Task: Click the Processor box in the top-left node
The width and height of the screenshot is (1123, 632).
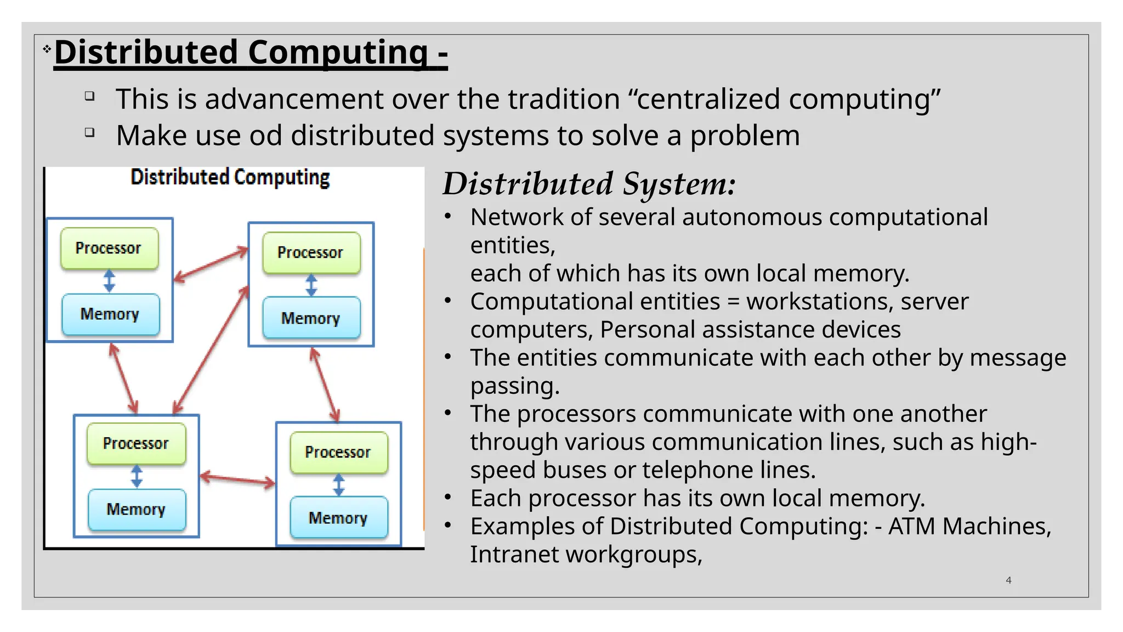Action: (109, 248)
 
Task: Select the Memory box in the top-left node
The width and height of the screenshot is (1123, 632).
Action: (110, 314)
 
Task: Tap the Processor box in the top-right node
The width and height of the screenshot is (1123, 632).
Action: (311, 252)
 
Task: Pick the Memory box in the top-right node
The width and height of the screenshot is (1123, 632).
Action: (311, 318)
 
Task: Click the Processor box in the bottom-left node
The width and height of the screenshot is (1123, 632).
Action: (136, 443)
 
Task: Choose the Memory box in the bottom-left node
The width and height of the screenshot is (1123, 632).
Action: (137, 509)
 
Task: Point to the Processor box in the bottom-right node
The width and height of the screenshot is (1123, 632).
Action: (338, 452)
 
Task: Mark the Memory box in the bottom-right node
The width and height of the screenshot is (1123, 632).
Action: (338, 518)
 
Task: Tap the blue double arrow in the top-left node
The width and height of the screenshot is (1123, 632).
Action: (110, 281)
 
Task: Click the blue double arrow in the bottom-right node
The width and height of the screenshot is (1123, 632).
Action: (339, 486)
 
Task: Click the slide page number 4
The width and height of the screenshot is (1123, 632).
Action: (1008, 580)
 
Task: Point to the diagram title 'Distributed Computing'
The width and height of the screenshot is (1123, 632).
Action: (230, 178)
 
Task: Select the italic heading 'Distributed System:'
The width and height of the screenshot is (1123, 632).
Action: (589, 184)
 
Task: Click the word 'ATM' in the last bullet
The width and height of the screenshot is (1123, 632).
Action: (911, 527)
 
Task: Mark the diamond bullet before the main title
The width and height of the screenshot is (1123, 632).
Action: (47, 49)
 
